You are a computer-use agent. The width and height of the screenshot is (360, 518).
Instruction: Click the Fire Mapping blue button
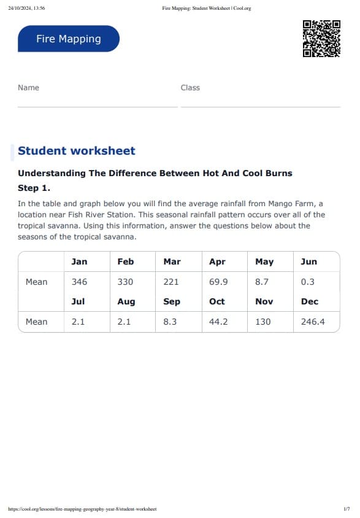click(x=69, y=39)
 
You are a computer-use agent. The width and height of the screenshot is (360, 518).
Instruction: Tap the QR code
click(x=321, y=39)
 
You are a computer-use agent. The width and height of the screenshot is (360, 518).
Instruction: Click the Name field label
click(x=28, y=88)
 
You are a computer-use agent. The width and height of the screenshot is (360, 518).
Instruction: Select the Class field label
click(x=190, y=88)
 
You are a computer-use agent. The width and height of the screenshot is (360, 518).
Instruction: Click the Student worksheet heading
click(x=77, y=151)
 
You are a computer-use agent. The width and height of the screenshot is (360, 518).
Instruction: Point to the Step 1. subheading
click(x=34, y=188)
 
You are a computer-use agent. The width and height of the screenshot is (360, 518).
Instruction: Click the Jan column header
click(x=79, y=261)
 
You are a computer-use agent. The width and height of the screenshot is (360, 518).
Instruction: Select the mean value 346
click(x=79, y=282)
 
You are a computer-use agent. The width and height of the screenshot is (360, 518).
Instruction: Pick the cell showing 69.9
click(x=218, y=282)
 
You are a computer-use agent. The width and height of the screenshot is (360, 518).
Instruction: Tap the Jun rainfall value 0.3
click(x=308, y=282)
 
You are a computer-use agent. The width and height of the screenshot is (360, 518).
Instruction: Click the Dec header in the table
click(x=310, y=301)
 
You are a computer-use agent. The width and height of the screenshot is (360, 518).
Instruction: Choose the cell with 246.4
click(x=313, y=322)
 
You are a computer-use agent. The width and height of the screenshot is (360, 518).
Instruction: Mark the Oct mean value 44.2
click(x=218, y=322)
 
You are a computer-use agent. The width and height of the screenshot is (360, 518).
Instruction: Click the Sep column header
click(x=172, y=301)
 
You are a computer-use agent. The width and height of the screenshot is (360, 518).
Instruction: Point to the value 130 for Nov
click(x=262, y=322)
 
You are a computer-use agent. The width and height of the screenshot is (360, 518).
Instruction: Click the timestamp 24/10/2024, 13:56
click(x=26, y=8)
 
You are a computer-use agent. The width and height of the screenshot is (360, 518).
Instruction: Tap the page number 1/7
click(x=347, y=509)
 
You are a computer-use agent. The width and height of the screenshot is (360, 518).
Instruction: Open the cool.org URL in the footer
click(x=82, y=509)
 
